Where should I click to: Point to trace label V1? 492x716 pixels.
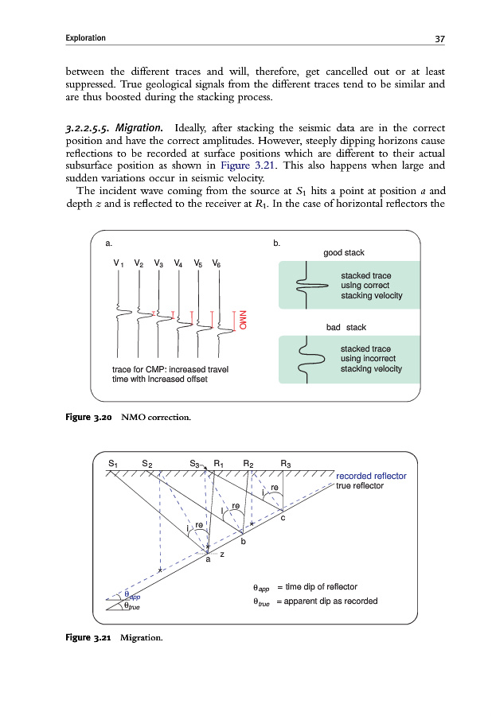118,263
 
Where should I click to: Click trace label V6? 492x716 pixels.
217,263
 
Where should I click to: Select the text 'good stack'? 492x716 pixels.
344,253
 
